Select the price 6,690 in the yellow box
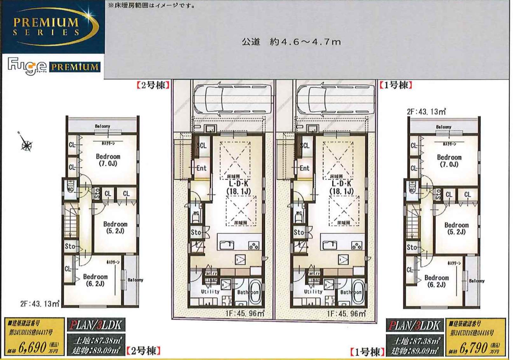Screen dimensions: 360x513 coord(33,348)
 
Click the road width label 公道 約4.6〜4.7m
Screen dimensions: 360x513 coord(291,42)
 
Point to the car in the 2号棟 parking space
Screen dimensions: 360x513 coord(233,99)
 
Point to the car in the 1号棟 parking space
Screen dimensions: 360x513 coord(336,99)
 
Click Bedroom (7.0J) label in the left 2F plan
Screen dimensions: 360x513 coord(108,160)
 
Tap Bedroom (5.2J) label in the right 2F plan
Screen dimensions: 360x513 coord(456,228)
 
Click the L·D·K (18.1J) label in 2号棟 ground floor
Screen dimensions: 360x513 coord(239,188)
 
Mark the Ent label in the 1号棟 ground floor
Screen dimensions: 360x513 coord(304,168)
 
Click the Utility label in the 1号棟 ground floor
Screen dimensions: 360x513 coord(313,292)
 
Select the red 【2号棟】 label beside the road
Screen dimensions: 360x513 coord(153,85)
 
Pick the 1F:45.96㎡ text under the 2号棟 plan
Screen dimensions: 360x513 coord(245,314)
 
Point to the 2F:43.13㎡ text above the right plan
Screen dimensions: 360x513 coord(426,112)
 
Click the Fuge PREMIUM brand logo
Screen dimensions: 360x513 coord(53,66)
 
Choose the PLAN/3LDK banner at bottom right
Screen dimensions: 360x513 coord(415,325)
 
